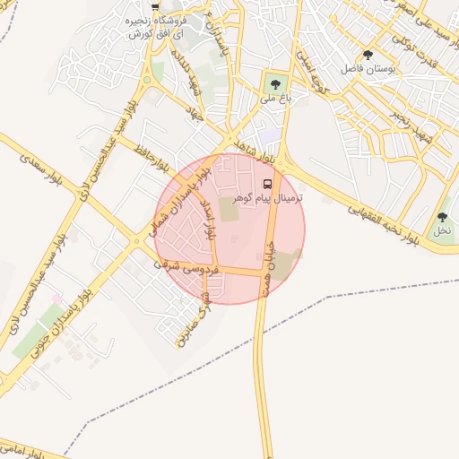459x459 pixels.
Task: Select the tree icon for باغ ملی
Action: [273, 86]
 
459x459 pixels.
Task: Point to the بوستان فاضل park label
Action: [368, 68]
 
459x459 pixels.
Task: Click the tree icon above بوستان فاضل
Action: [368, 56]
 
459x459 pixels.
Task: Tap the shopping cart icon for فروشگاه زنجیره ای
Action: [156, 6]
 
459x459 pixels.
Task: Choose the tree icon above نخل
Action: [442, 217]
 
